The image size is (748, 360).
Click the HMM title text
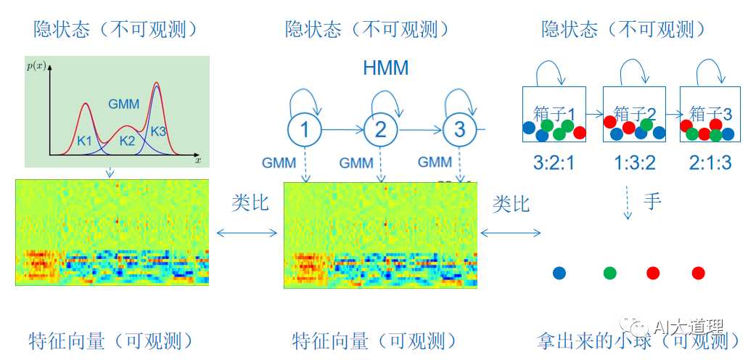click(385, 68)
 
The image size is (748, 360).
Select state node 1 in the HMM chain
click(305, 130)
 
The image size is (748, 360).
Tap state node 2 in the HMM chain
click(380, 130)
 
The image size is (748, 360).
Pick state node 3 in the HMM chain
click(459, 130)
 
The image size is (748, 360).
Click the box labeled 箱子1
click(554, 115)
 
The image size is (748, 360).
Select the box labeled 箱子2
click(634, 115)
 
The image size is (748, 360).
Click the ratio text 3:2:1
click(554, 163)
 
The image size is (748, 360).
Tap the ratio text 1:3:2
click(634, 163)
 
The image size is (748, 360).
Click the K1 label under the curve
click(85, 140)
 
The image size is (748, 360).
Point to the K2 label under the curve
click(128, 140)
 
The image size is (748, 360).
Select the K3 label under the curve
click(159, 131)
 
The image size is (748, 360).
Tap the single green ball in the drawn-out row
click(610, 273)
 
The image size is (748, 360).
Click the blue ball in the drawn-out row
click(559, 273)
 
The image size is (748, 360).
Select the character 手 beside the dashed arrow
click(652, 200)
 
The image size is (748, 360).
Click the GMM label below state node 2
click(356, 163)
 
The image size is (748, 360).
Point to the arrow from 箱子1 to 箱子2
click(595, 114)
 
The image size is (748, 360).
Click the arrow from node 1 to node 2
click(342, 130)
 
